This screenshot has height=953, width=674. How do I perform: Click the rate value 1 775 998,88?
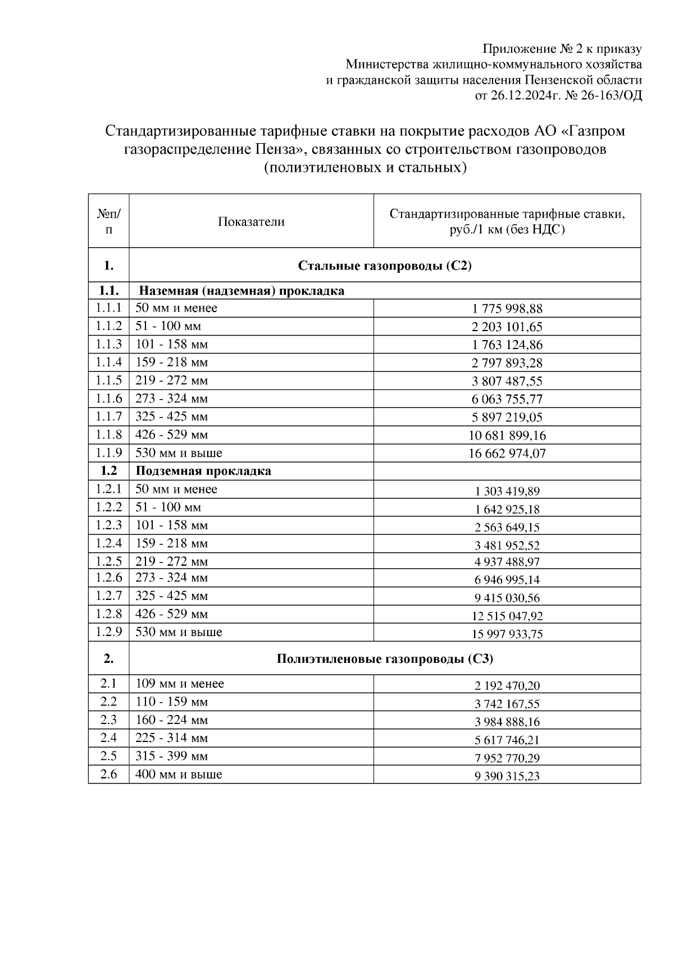507,309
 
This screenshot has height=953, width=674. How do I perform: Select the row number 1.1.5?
108,381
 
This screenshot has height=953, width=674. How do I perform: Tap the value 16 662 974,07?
507,453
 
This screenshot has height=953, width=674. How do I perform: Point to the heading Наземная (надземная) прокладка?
242,291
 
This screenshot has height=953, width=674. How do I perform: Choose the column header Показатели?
251,222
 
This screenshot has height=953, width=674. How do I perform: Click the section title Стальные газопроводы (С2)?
385,265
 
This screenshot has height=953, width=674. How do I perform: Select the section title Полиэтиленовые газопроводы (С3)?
385,659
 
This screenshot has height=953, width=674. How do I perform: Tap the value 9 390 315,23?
507,776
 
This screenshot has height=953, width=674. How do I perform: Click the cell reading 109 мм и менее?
180,684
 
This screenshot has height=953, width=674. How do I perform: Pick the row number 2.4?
108,738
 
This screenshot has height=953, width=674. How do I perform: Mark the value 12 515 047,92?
507,616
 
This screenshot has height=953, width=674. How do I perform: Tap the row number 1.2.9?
108,632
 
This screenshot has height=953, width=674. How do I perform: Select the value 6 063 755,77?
507,400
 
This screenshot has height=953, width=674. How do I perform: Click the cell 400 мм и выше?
179,775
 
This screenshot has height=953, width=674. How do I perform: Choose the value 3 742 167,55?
507,704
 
